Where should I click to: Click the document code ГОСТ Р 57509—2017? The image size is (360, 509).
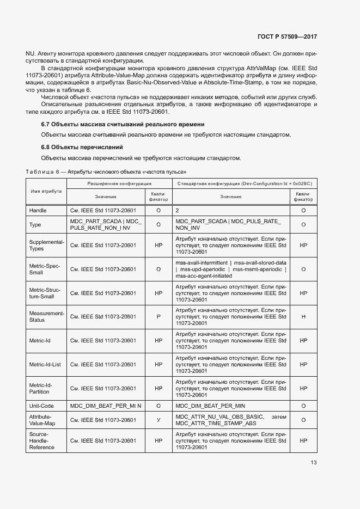click(x=286, y=36)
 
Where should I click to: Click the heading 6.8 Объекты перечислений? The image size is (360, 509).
click(x=82, y=148)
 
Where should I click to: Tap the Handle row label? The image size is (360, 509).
click(x=38, y=210)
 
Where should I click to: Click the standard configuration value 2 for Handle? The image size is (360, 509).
click(x=178, y=210)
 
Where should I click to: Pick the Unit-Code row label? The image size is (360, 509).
click(x=41, y=406)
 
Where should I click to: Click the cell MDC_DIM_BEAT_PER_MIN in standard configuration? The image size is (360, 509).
click(x=210, y=406)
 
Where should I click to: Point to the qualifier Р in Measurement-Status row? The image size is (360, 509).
click(x=158, y=316)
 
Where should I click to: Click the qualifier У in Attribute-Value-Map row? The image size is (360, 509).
click(x=158, y=420)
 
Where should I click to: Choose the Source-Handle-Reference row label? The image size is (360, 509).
click(x=42, y=440)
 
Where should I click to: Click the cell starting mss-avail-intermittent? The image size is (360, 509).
click(x=231, y=269)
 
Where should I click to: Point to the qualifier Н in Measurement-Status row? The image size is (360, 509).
click(x=303, y=316)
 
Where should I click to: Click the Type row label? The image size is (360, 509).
click(x=36, y=224)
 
